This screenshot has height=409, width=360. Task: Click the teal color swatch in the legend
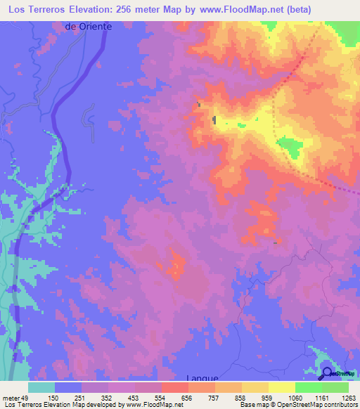coord(41,387)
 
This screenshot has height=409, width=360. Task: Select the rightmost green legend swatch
coord(335,387)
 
